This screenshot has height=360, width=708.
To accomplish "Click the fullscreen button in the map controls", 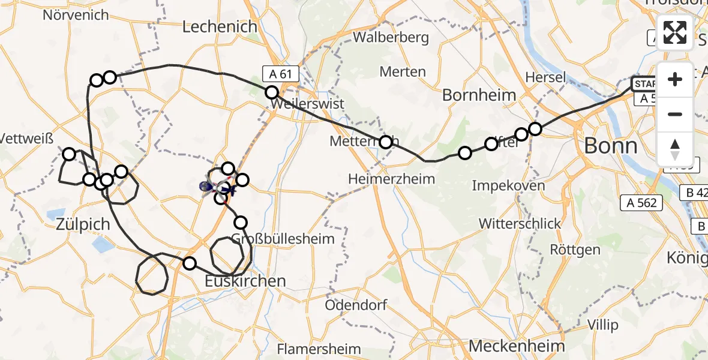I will [x=675, y=32].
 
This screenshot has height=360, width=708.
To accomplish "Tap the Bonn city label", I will [x=610, y=146].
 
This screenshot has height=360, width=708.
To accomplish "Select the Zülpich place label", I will [x=83, y=224].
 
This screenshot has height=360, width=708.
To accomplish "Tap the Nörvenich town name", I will [x=76, y=14].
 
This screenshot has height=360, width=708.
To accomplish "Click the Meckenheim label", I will [x=517, y=346].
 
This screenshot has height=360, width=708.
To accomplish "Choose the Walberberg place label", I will [x=391, y=38].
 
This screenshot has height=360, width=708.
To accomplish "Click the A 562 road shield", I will [x=642, y=203].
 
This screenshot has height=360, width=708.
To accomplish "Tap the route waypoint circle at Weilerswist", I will [x=272, y=92].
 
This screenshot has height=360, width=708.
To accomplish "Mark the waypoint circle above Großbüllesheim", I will [x=241, y=223].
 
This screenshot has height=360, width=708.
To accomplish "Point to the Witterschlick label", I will [x=520, y=224].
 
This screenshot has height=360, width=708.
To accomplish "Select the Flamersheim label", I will [x=319, y=349].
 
